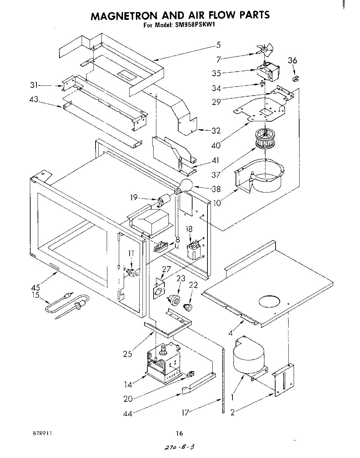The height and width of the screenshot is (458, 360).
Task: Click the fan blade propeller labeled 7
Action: (265, 51)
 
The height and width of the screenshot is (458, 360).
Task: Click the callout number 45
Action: (35, 287)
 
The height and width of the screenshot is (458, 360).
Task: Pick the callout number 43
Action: (34, 99)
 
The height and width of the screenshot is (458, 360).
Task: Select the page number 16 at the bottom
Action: (179, 433)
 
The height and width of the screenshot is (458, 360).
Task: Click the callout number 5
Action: (218, 44)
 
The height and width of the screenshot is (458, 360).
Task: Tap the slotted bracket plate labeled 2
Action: (284, 380)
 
